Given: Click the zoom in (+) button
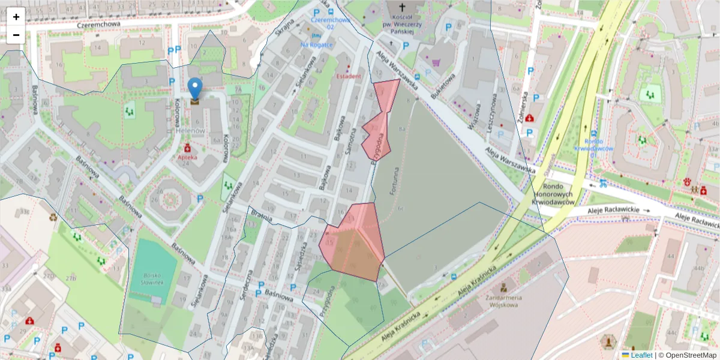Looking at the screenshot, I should click(x=16, y=17).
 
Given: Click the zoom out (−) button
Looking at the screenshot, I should click(x=16, y=35).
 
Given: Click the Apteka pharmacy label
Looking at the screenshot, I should click(x=188, y=158).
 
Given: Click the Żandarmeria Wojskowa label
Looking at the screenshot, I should click(x=503, y=301).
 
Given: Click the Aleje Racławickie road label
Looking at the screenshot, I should click(x=620, y=210).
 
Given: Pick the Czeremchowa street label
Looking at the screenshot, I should click(x=98, y=25).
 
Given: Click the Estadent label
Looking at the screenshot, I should click(x=348, y=76).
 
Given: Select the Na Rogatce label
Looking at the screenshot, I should click(x=317, y=44).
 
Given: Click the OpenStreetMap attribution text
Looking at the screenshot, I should click(x=688, y=355).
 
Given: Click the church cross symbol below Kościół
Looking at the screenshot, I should click(x=393, y=44).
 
